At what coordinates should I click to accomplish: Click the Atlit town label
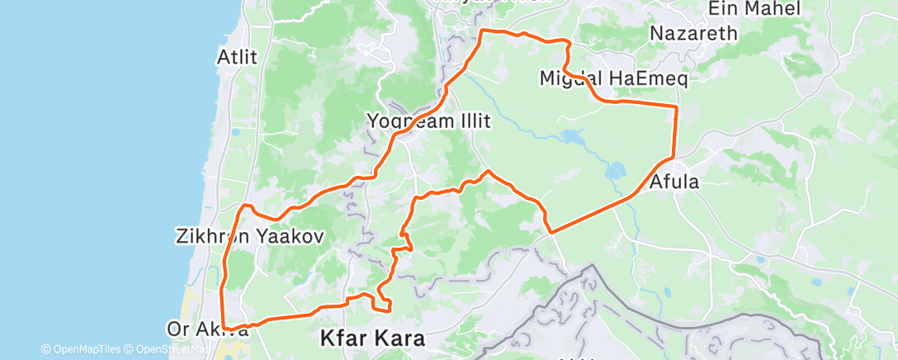tap(237, 58)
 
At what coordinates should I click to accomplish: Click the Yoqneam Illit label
tap(428, 121)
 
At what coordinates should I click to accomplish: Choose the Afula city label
tap(674, 182)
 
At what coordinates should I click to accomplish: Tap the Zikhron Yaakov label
tap(249, 235)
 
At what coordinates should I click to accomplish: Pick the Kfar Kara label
tap(372, 339)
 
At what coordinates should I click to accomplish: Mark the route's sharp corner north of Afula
tap(677, 107)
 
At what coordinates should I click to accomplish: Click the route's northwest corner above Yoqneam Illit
tap(483, 31)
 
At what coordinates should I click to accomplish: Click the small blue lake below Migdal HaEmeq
tap(570, 136)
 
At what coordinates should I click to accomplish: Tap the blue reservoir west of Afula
tap(616, 172)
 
